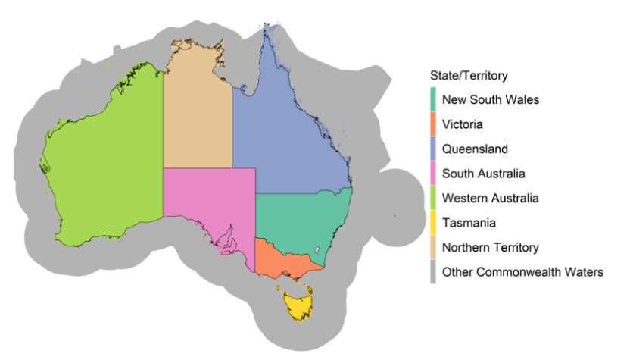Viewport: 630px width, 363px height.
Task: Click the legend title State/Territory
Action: (x=468, y=76)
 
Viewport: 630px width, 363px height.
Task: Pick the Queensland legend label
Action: (x=475, y=149)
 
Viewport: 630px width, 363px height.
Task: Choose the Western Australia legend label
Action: (x=491, y=198)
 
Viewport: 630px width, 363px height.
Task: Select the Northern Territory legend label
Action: (x=491, y=247)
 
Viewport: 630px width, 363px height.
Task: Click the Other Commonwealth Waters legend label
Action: (x=522, y=271)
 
